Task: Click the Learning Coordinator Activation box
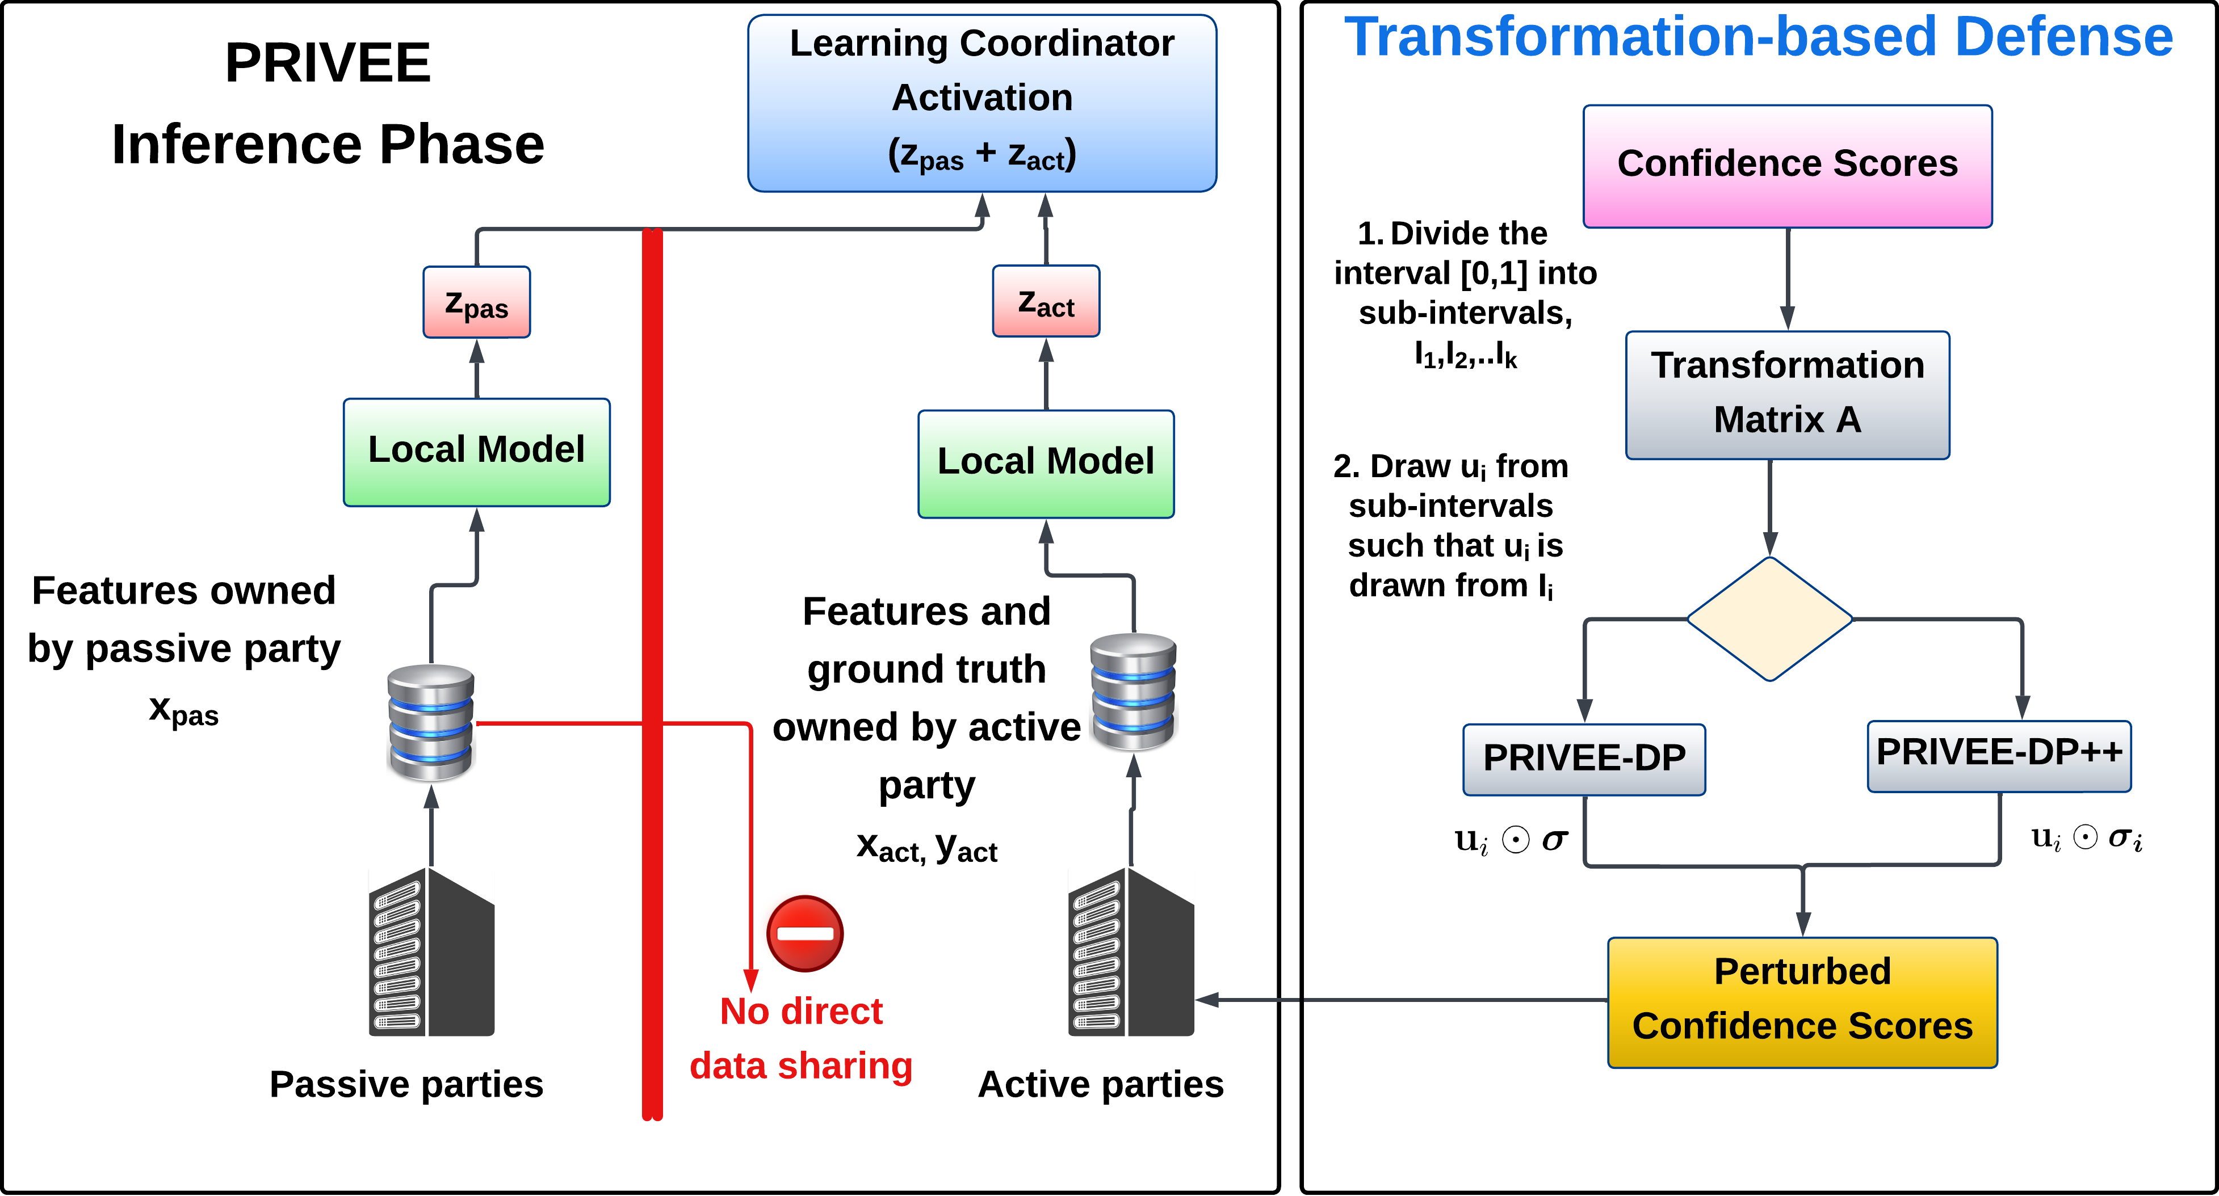coord(982,102)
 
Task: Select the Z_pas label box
coord(476,302)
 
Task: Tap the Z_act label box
coord(1046,301)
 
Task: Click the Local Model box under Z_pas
coord(476,452)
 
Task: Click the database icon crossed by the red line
coord(431,723)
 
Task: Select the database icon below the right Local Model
coord(1134,692)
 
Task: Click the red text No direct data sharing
coord(801,1038)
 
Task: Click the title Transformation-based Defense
coord(1758,36)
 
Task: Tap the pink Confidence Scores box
coord(1788,166)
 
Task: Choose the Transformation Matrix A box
coord(1788,394)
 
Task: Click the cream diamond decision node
coord(1769,618)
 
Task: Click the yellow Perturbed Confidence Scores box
coord(1802,1001)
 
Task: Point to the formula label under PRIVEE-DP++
coord(2088,840)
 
